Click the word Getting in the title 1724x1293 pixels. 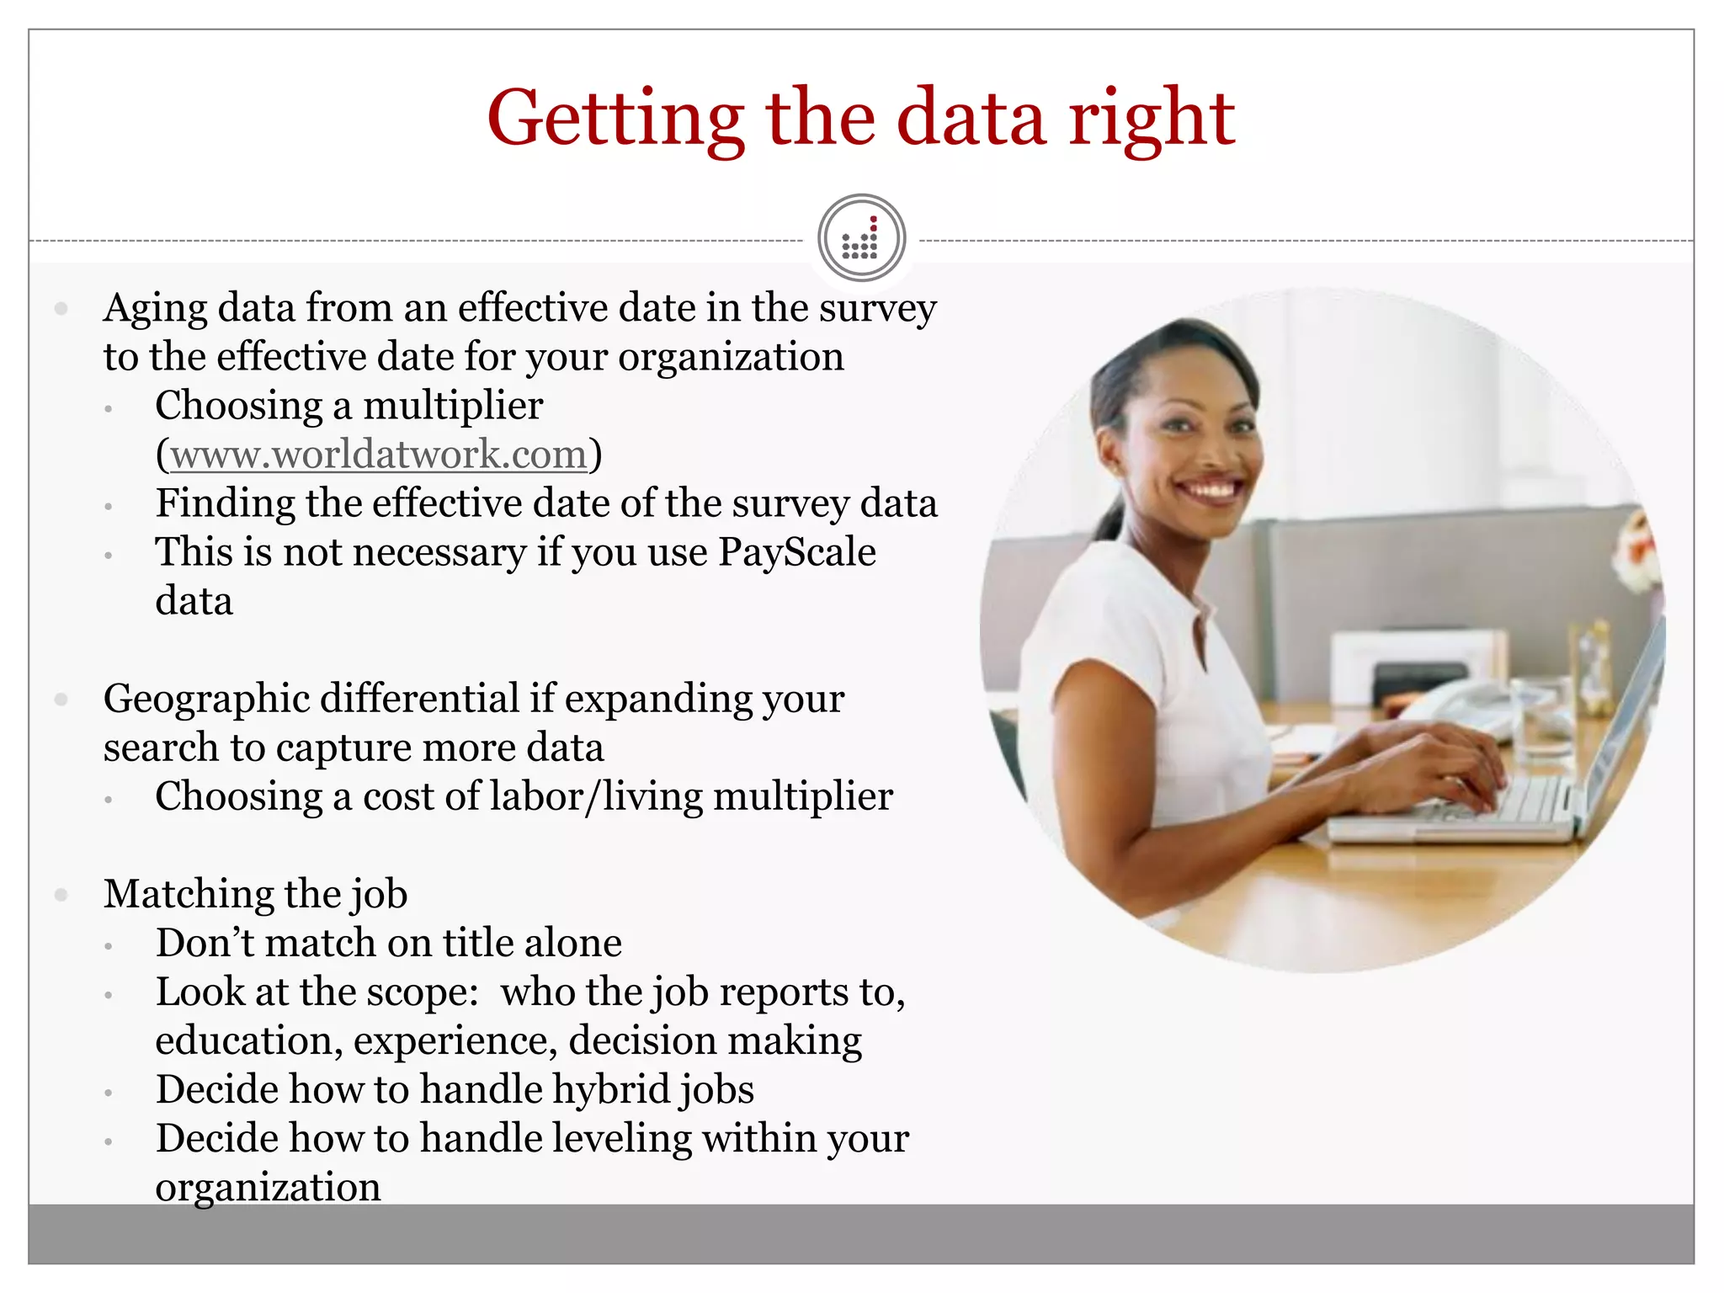tap(615, 120)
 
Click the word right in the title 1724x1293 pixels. tap(1151, 120)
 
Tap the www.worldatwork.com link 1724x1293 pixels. tap(379, 455)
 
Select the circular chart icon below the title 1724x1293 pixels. tap(861, 238)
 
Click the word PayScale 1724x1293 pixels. tap(797, 553)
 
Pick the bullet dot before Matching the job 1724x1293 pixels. tap(61, 895)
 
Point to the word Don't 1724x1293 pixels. tap(205, 944)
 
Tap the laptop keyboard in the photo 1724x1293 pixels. tap(1515, 800)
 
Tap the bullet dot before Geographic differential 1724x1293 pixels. tap(61, 700)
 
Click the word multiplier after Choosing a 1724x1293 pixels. tap(453, 407)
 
